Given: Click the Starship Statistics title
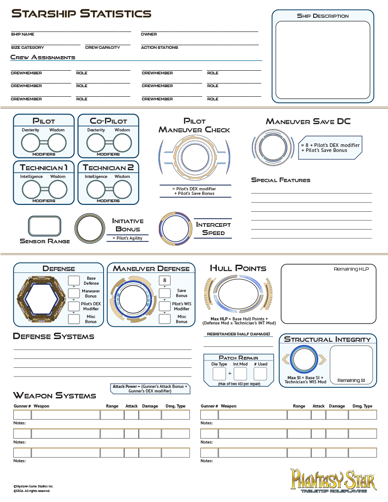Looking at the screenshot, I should click(x=81, y=14).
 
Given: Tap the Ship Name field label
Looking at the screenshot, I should click(x=23, y=34).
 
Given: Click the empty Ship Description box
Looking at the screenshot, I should click(x=323, y=59).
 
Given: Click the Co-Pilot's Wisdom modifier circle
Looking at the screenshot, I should click(x=122, y=143).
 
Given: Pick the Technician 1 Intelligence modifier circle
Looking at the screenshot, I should click(x=31, y=190).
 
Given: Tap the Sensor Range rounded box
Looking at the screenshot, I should click(x=44, y=226).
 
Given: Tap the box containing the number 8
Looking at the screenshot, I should click(x=164, y=280).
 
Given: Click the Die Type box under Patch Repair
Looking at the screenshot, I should click(x=219, y=374).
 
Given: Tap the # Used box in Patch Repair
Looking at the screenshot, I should click(x=260, y=374).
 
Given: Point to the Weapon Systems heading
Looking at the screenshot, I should click(x=55, y=396).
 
